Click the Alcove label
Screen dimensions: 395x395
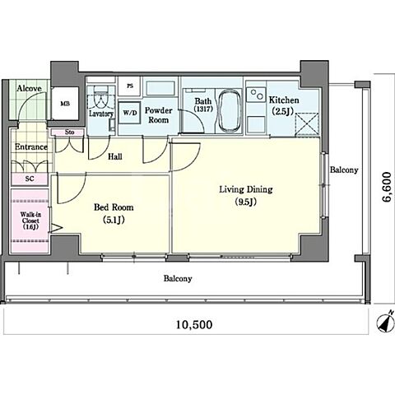(x=30, y=88)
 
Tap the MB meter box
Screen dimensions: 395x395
(x=65, y=104)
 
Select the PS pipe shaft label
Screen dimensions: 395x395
(x=130, y=86)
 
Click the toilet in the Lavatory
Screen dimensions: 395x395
(x=100, y=100)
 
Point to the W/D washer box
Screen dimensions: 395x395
(x=130, y=113)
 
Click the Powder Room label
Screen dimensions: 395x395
(x=158, y=115)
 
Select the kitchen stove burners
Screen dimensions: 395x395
(x=256, y=95)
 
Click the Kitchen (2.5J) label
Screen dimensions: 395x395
(x=284, y=105)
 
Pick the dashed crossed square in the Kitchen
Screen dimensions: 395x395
(x=307, y=125)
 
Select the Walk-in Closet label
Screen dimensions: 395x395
(x=30, y=221)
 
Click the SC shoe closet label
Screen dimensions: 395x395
(x=30, y=179)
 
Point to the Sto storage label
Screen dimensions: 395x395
(x=70, y=132)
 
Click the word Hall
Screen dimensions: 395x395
(x=115, y=157)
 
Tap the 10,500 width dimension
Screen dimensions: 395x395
(x=194, y=325)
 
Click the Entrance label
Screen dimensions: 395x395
(x=31, y=147)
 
